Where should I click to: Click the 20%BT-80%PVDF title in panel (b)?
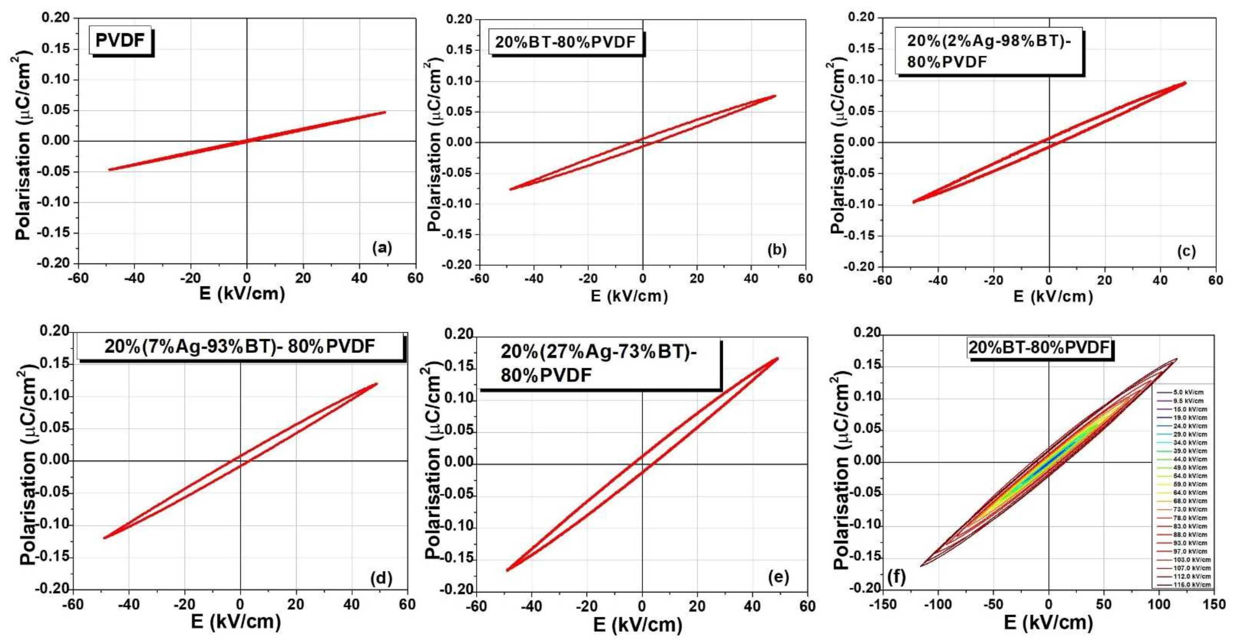pos(565,43)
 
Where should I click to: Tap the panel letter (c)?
pos(1186,251)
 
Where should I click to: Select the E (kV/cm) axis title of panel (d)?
pos(235,623)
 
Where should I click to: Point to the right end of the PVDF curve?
pos(385,112)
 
